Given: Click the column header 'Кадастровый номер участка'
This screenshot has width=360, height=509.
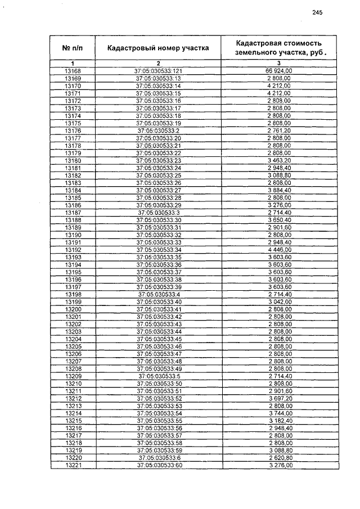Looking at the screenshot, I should click(x=158, y=48).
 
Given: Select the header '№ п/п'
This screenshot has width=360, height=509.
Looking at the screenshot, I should click(x=73, y=48).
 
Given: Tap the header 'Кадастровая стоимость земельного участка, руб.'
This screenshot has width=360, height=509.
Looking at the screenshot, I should click(x=279, y=48).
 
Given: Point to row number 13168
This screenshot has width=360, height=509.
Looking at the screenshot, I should click(x=73, y=71).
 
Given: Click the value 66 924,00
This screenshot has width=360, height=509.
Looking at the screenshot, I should click(x=279, y=71).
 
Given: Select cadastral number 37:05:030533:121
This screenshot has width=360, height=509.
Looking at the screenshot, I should click(x=158, y=71).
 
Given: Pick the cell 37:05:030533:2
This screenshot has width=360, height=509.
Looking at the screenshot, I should click(x=158, y=130).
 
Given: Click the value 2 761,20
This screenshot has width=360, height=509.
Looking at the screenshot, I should click(x=279, y=130).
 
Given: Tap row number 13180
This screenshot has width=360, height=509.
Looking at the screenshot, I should click(x=73, y=160).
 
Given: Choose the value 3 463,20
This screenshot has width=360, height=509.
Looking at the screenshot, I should click(x=279, y=160).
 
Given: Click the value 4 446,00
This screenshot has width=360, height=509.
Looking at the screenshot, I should click(x=279, y=249).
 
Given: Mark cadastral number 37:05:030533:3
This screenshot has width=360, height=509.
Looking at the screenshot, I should click(x=158, y=212).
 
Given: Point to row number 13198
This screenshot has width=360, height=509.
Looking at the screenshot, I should click(x=73, y=294).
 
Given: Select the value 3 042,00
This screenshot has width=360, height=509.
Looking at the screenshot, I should click(x=279, y=301).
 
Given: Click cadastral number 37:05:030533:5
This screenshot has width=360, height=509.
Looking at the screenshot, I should click(x=158, y=376).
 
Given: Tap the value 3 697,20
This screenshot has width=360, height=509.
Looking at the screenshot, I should click(x=279, y=398).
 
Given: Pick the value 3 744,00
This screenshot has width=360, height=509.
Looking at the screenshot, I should click(x=279, y=413).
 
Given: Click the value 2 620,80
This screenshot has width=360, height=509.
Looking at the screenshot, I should click(x=279, y=458).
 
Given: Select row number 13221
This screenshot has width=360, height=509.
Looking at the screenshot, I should click(x=73, y=465).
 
